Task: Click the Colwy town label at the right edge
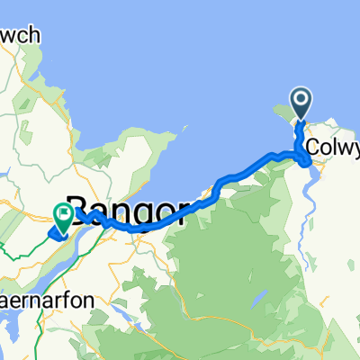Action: tap(332, 146)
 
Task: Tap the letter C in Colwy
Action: tap(311, 146)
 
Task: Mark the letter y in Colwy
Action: tap(354, 148)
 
